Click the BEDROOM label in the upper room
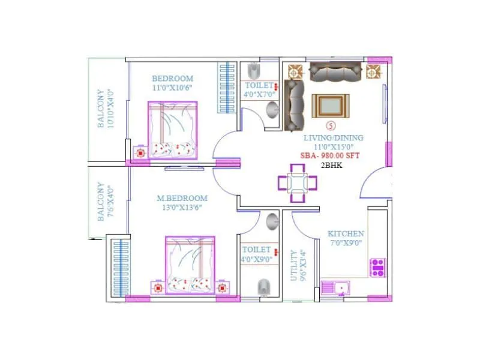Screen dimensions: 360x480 pos(172,79)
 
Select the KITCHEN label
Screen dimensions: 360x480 pos(346,233)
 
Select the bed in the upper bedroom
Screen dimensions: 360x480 pos(173,130)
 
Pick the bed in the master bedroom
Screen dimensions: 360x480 pos(190,265)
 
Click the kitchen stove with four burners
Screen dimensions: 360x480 pos(378,267)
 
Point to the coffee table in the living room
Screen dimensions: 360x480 pos(329,106)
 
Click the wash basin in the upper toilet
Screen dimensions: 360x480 pos(272,110)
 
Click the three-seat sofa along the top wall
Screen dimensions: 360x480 pos(335,73)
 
